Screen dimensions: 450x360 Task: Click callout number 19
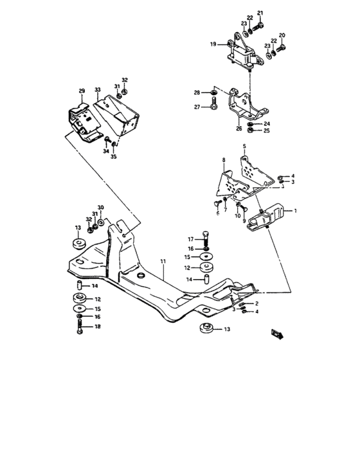click(213, 44)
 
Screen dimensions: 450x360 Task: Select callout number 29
click(82, 91)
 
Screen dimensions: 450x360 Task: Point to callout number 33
click(98, 91)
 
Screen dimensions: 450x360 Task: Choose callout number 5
click(244, 147)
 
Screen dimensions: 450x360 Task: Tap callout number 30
click(100, 208)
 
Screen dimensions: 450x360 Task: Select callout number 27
click(197, 107)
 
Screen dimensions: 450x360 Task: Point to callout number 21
click(260, 13)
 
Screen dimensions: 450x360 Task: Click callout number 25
click(267, 131)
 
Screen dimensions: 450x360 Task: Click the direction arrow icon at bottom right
click(278, 332)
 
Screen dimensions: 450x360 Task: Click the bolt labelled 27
click(213, 107)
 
